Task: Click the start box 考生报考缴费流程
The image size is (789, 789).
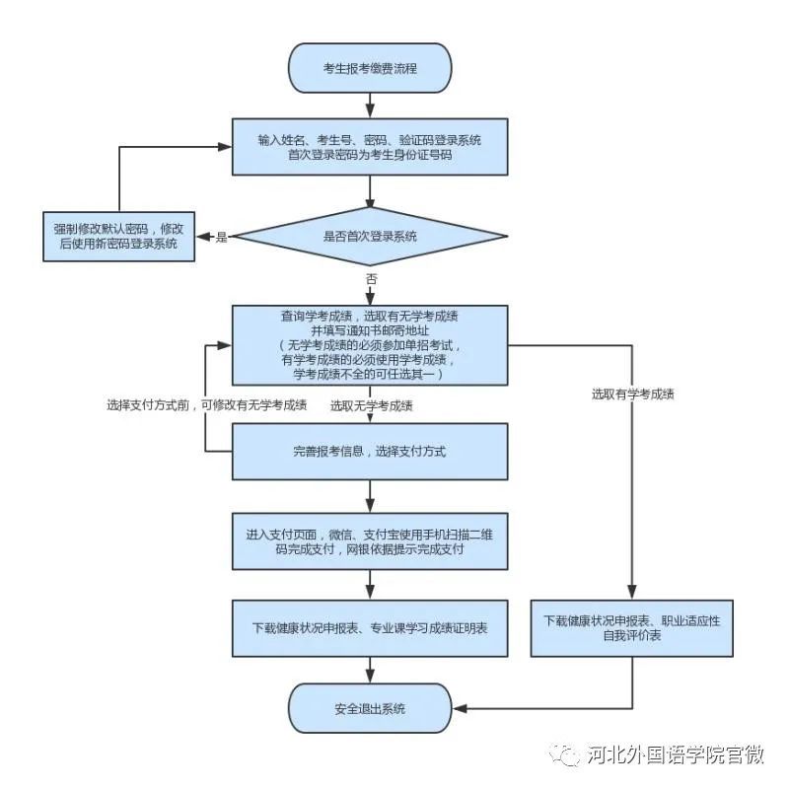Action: (x=370, y=68)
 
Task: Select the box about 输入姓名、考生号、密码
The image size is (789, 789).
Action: (x=370, y=147)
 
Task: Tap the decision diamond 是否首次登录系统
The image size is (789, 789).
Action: (x=370, y=236)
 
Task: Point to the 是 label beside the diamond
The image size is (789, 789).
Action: (x=222, y=237)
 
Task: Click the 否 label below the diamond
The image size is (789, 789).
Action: (x=371, y=280)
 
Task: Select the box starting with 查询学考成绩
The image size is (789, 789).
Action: (x=370, y=345)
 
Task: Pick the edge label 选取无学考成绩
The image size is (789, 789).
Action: (x=372, y=405)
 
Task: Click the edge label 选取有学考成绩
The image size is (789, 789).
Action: (x=632, y=394)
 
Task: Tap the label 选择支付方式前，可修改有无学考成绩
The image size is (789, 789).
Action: (x=206, y=405)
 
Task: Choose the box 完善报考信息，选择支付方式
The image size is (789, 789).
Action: (x=370, y=452)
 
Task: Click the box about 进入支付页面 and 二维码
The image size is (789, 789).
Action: (x=370, y=541)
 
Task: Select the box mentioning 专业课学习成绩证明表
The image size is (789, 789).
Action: (x=370, y=628)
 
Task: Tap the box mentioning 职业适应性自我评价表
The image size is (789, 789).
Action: (x=630, y=628)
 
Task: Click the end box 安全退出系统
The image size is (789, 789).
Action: (x=370, y=708)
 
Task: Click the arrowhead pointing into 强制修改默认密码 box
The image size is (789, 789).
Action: (x=200, y=237)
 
